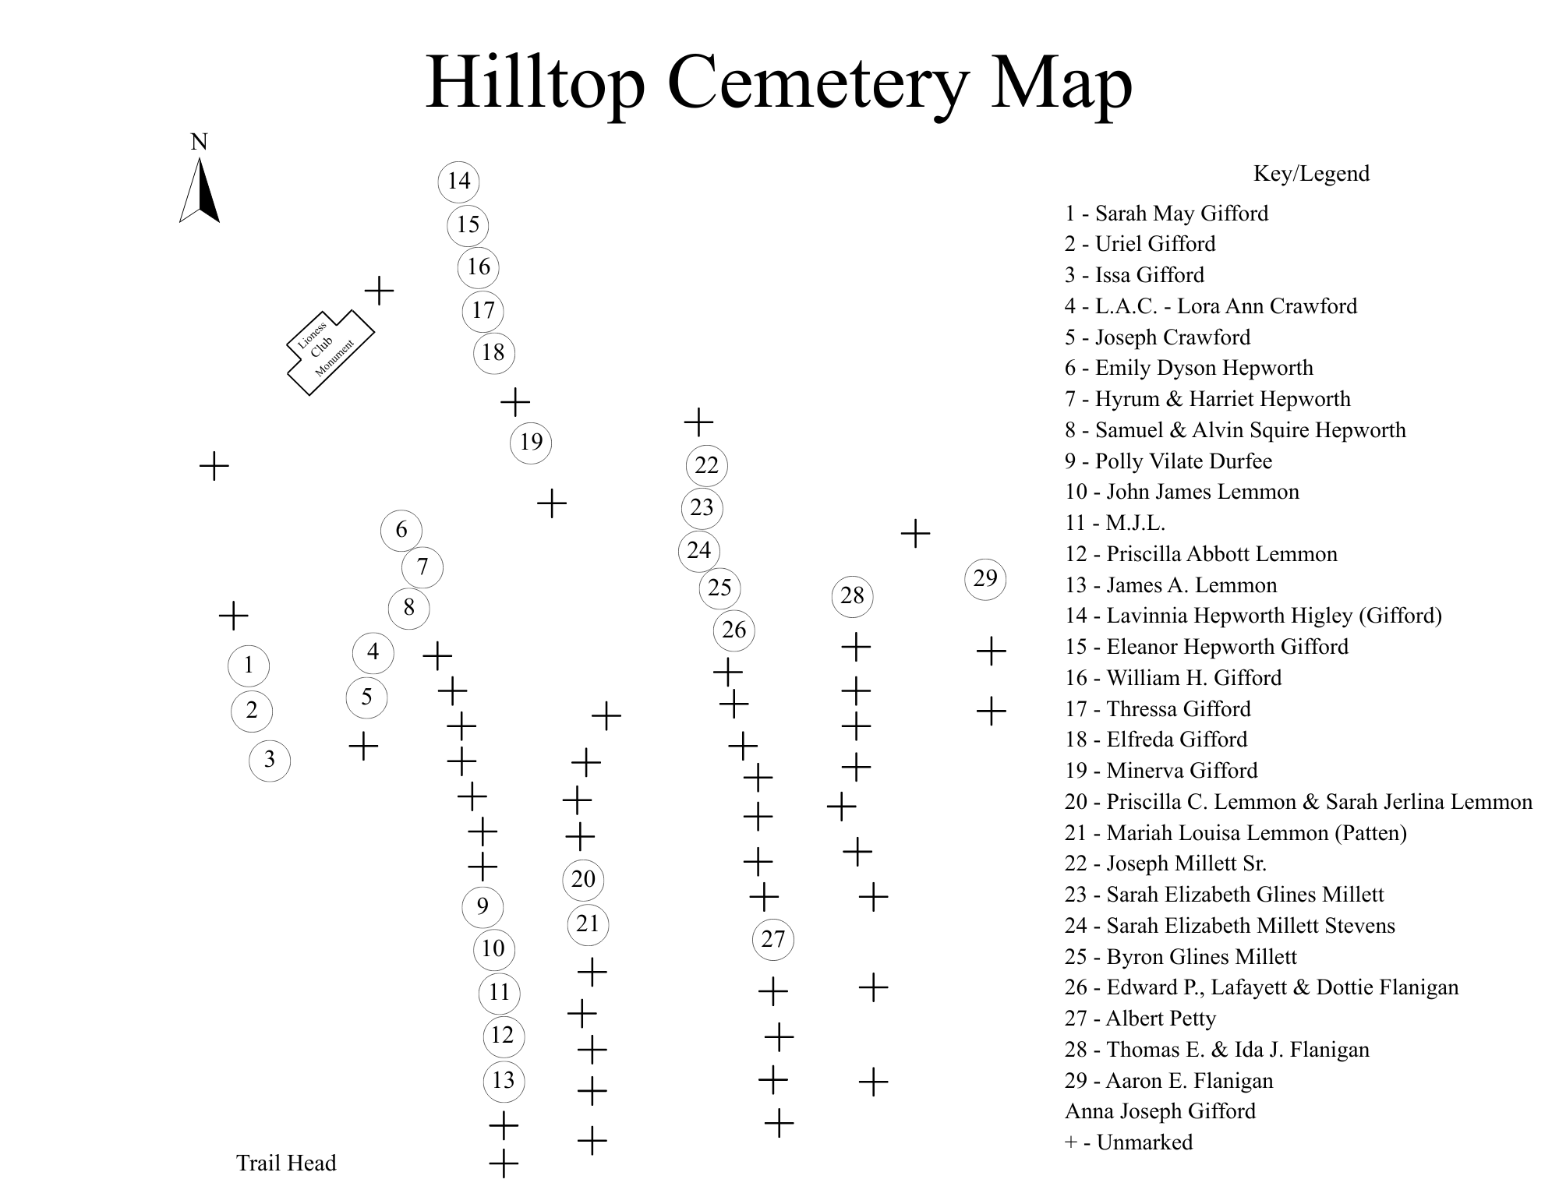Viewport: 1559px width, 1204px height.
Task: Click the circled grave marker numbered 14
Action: point(459,182)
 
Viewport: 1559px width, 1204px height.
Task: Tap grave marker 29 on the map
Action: point(986,579)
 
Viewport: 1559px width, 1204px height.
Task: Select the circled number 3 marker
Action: point(270,760)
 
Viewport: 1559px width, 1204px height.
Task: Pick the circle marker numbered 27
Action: point(773,939)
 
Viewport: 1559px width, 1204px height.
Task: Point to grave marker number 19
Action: point(531,443)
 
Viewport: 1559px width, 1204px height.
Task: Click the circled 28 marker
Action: point(852,596)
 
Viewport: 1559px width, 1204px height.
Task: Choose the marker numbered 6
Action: point(401,531)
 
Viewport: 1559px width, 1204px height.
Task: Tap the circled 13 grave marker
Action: point(504,1081)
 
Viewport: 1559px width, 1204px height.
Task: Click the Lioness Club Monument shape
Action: point(331,352)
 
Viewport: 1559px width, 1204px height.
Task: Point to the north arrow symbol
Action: point(200,190)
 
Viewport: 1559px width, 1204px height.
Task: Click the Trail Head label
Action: point(286,1163)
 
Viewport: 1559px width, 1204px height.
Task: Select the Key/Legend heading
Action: point(1311,174)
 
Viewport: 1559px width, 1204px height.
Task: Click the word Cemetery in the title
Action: point(818,83)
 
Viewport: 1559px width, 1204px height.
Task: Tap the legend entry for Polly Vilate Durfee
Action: point(1168,461)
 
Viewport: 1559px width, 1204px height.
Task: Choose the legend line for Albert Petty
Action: point(1140,1019)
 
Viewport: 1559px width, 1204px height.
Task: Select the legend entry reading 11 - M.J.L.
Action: point(1115,523)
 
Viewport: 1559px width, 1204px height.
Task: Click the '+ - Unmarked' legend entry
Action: point(1129,1142)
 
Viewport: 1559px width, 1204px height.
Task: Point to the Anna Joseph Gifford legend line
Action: point(1160,1111)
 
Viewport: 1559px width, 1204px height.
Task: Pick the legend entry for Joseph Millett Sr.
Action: point(1165,863)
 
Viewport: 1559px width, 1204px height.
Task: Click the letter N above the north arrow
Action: point(200,142)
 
